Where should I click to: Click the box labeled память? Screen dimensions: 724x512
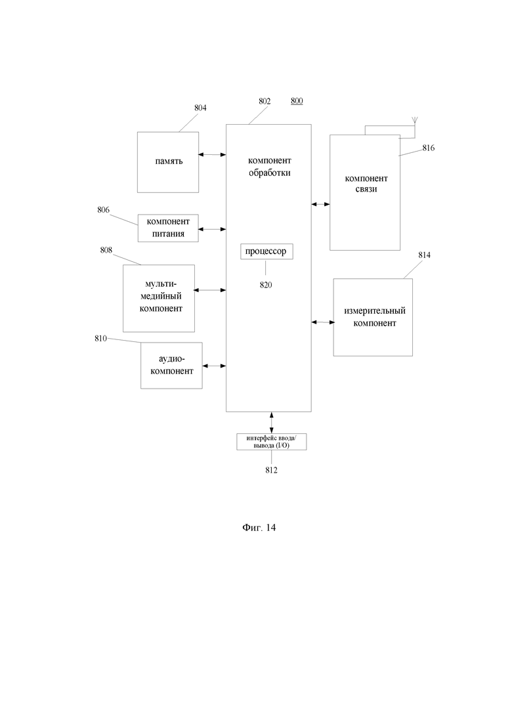tap(168, 161)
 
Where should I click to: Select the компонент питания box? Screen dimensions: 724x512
tap(168, 228)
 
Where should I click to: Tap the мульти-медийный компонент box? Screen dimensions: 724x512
tap(159, 297)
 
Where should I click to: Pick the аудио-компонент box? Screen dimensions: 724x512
tap(172, 365)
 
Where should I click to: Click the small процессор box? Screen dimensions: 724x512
tap(265, 251)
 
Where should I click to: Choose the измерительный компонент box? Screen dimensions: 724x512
tap(373, 317)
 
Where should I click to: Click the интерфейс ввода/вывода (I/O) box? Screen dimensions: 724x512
tap(271, 441)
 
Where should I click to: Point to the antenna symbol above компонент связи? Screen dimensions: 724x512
tap(414, 122)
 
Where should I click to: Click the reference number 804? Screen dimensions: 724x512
tap(200, 108)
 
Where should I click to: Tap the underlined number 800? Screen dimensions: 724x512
tap(297, 101)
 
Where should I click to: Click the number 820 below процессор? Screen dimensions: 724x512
tap(265, 285)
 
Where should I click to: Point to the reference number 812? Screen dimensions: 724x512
tap(271, 470)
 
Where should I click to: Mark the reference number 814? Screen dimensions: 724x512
tap(424, 255)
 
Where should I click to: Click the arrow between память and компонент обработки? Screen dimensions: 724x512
tap(213, 155)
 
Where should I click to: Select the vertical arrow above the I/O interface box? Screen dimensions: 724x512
tap(271, 422)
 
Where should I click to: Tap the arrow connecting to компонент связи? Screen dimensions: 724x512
tap(320, 204)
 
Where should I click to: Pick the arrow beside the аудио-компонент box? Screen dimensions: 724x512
tap(214, 365)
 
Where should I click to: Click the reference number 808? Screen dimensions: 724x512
tap(106, 250)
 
